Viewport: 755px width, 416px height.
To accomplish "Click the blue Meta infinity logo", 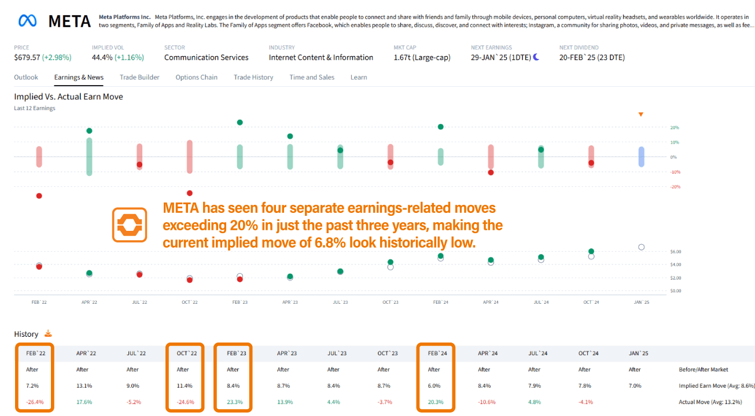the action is pos(27,21).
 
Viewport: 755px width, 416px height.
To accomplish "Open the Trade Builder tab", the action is pos(139,77).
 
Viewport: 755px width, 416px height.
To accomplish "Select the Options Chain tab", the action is pos(196,77).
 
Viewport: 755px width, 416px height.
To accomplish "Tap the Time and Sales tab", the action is pos(312,77).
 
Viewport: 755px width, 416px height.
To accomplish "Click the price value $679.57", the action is pos(27,57).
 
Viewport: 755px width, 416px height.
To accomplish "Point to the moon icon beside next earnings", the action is pos(536,57).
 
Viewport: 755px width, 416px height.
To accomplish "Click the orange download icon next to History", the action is pos(48,333).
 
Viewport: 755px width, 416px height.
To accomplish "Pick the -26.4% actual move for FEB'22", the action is pos(35,402).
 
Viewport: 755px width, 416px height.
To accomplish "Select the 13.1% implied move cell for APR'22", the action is pos(84,386).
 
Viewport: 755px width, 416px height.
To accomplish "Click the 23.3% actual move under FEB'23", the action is pos(234,402).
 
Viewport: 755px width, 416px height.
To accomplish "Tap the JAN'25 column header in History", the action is pos(638,354).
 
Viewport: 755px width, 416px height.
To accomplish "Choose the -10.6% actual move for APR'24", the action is pos(487,402).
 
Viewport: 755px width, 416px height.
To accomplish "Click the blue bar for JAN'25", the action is pos(641,157).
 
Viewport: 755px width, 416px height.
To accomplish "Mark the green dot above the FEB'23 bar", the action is pos(240,123).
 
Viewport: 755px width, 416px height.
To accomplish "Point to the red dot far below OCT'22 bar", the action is pos(189,193).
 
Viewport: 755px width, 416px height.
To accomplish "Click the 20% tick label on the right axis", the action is pos(675,127).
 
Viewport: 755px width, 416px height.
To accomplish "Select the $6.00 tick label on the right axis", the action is pos(676,252).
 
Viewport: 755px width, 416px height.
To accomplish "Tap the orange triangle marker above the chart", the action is pos(641,115).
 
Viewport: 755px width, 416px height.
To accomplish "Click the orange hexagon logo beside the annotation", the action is pos(130,225).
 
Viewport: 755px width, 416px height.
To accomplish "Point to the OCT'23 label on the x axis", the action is pos(391,302).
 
